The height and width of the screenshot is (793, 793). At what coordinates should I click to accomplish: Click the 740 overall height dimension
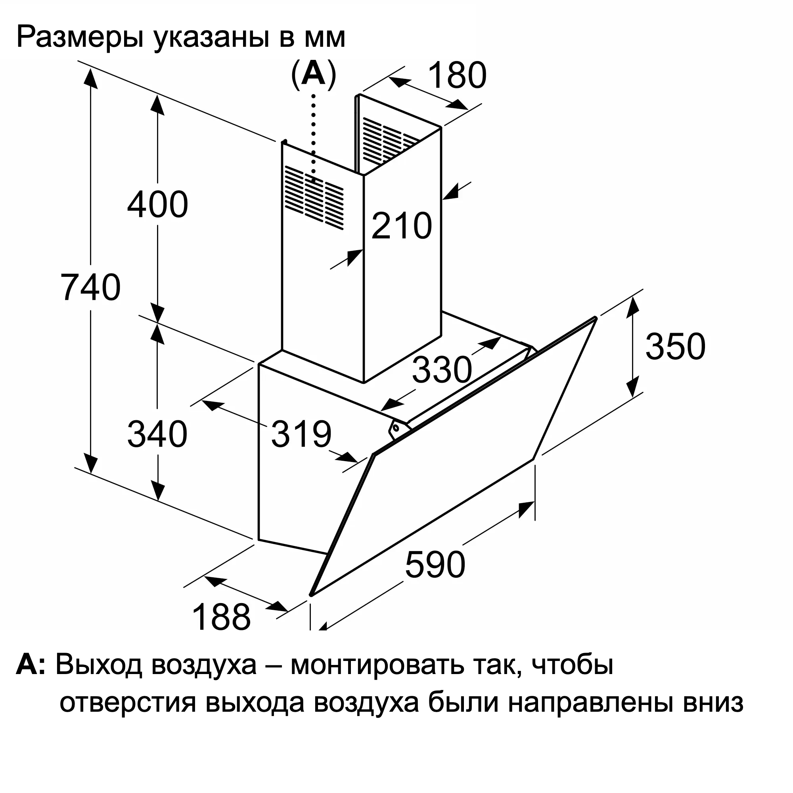[91, 287]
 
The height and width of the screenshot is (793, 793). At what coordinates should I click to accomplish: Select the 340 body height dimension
[158, 434]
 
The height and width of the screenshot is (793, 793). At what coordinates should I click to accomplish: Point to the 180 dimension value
[457, 75]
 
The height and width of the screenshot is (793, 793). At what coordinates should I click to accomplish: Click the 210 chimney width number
[402, 225]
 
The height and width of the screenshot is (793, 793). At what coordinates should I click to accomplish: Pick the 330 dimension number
[442, 370]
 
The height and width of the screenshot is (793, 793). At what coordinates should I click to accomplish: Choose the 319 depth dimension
[301, 434]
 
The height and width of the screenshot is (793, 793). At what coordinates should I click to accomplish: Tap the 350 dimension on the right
[676, 347]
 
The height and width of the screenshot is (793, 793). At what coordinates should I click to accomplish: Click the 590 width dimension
[435, 565]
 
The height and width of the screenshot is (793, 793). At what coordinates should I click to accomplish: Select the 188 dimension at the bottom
[221, 617]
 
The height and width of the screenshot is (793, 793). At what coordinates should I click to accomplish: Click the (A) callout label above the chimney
[314, 74]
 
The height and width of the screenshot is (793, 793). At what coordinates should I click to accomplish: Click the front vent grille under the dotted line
[314, 197]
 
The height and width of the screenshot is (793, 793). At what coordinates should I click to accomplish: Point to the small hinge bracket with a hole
[398, 429]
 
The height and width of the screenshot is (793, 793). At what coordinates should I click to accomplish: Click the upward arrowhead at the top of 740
[91, 78]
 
